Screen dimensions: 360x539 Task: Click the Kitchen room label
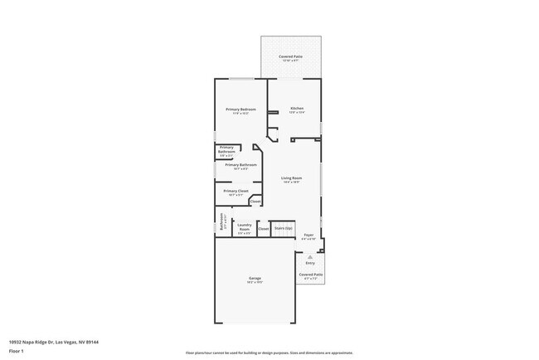pos(297,109)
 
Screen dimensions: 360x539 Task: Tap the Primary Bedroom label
pos(240,109)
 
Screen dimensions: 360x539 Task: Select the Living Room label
pos(291,178)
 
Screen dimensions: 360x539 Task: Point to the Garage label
pos(255,278)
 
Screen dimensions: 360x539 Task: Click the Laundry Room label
pos(245,225)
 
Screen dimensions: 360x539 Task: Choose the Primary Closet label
pos(236,191)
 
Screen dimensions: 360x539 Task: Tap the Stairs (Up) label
pos(284,226)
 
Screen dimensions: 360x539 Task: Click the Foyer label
pos(308,236)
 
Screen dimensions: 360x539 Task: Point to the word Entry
pos(310,263)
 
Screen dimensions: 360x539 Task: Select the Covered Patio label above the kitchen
pos(291,56)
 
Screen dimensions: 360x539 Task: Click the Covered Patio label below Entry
pos(311,274)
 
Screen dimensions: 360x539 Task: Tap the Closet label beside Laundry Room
pos(264,228)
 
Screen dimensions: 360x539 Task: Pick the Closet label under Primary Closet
pos(255,202)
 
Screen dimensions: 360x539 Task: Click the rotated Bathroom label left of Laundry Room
pos(221,222)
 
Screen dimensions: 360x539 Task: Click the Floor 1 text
pos(16,350)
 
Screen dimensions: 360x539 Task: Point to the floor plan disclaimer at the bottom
pos(269,353)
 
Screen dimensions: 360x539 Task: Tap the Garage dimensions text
pos(255,282)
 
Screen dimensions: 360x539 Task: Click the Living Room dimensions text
pos(291,182)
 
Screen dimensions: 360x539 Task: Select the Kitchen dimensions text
pos(297,113)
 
